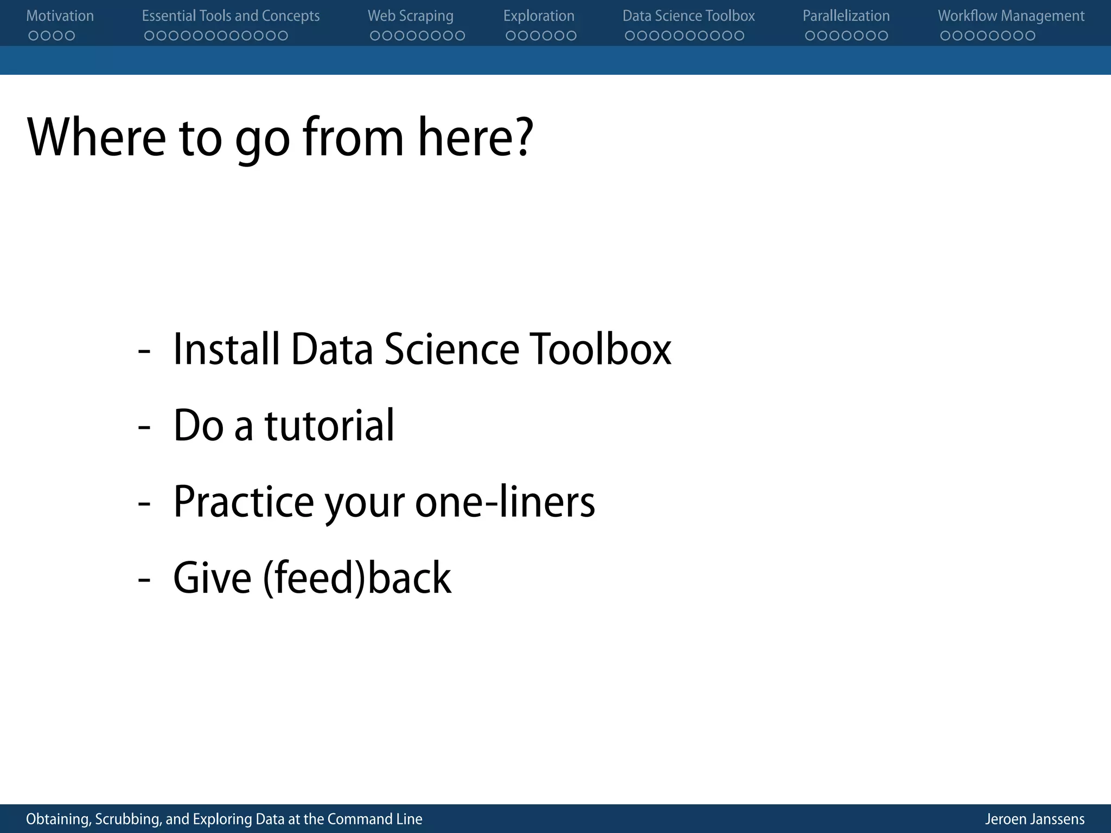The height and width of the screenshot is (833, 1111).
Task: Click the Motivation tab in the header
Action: pos(60,16)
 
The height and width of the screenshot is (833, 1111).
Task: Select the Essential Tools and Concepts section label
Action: pos(231,16)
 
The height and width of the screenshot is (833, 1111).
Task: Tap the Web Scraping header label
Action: pos(410,16)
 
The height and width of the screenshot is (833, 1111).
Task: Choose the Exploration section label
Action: pos(539,16)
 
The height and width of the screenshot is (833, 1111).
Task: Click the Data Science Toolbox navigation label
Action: pos(688,16)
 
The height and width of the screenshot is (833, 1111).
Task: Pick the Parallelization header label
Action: pos(846,16)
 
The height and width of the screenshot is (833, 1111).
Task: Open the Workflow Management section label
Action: pos(1011,16)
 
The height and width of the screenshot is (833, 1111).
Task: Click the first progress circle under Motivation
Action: pos(34,36)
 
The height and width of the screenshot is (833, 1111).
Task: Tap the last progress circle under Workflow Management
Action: pos(1030,36)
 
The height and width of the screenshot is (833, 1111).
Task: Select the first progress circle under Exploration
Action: pos(511,36)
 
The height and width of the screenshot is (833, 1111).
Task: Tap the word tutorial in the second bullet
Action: pos(329,425)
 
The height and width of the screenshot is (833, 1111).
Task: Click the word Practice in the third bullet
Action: pos(243,502)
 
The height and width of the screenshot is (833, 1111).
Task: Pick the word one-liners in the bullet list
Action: pos(505,502)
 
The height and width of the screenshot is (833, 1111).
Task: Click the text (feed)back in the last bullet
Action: pos(357,578)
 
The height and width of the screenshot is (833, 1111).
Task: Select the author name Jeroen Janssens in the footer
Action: pos(1035,819)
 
